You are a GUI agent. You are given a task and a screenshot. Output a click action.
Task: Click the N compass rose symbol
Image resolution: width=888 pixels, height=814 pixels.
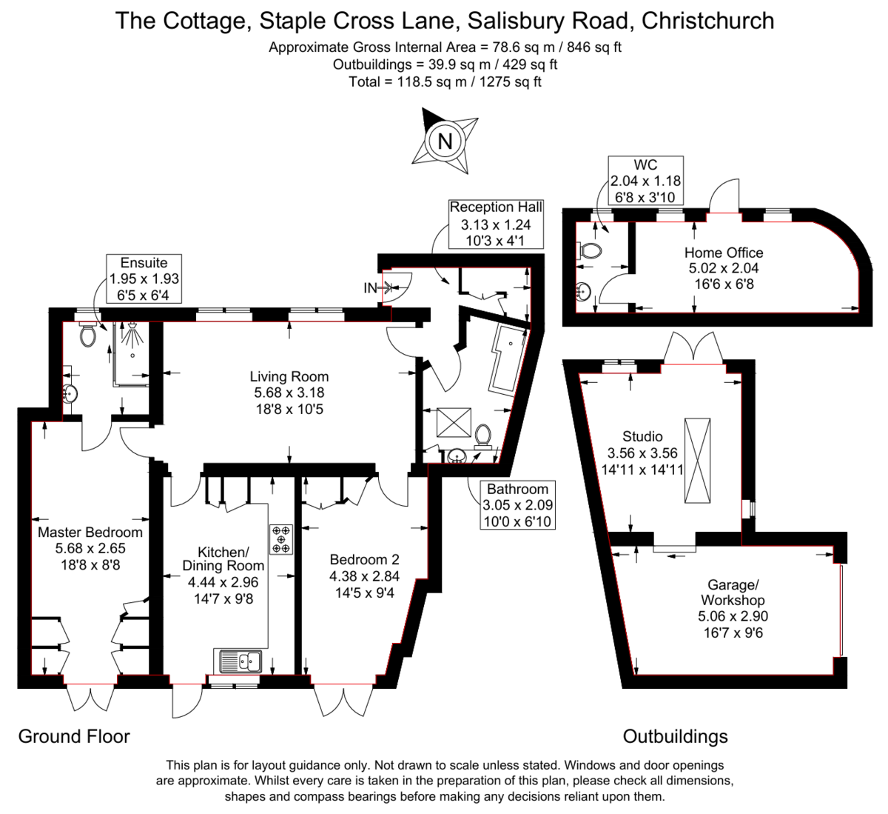(445, 141)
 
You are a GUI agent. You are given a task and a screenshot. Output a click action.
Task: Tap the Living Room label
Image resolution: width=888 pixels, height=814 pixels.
(289, 377)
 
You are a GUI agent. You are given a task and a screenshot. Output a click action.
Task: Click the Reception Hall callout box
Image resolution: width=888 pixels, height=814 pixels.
(496, 224)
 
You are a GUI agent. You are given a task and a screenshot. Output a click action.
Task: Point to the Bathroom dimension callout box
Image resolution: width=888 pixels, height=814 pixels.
(517, 505)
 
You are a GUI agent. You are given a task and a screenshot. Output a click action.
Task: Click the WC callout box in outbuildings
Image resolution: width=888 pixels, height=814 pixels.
(645, 180)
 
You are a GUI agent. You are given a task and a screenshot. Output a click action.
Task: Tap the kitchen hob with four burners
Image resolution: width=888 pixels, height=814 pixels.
(281, 539)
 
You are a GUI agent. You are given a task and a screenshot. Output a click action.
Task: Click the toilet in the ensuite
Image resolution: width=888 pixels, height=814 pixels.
(88, 336)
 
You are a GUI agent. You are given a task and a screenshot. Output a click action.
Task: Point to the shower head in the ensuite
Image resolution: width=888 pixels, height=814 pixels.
(132, 334)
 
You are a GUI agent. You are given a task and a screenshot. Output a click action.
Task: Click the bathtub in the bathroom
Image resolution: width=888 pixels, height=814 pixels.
(508, 359)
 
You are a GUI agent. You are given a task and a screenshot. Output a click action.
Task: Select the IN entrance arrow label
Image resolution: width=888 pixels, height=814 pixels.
(370, 288)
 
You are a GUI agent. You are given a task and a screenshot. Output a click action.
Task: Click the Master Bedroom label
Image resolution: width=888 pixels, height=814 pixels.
(90, 533)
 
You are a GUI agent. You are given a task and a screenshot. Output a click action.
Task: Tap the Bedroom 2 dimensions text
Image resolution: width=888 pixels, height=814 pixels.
(364, 584)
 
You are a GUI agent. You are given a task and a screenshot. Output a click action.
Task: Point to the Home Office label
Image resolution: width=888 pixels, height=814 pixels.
(723, 253)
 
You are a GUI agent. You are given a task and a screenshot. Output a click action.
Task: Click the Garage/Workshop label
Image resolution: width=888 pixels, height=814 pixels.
(733, 592)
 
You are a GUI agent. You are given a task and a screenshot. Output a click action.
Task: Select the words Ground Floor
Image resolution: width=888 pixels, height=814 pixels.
(74, 736)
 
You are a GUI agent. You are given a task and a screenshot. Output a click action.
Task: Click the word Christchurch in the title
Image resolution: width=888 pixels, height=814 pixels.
(707, 20)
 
